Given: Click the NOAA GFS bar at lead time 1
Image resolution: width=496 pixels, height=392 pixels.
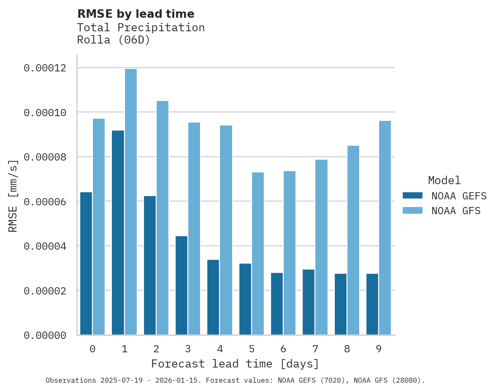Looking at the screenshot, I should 131,202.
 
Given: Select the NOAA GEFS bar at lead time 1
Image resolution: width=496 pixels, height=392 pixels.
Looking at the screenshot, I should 118,233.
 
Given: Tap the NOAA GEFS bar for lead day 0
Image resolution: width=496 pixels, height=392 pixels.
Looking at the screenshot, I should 86,264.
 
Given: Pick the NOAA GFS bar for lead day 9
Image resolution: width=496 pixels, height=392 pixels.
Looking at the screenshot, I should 385,228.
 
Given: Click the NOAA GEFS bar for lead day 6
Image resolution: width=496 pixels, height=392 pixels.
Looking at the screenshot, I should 277,304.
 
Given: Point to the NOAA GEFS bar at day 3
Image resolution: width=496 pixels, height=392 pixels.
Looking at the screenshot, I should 182,286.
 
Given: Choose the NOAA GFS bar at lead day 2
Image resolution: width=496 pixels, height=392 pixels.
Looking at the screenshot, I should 163,218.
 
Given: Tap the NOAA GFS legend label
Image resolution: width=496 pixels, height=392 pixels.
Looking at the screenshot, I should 456,210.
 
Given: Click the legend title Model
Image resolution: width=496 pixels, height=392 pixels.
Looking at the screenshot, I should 444,180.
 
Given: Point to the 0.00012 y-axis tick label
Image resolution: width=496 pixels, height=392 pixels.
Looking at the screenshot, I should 45,68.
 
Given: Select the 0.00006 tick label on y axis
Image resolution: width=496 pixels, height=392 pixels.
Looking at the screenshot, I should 45,201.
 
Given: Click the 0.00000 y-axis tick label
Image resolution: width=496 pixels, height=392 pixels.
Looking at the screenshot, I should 45,335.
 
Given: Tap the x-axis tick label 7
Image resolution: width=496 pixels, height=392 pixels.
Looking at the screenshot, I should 315,349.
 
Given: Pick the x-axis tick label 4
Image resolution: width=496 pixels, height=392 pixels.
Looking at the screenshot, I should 220,349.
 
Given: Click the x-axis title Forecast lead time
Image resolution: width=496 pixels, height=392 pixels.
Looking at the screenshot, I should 235,364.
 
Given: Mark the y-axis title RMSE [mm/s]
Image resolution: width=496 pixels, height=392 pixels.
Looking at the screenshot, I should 13,196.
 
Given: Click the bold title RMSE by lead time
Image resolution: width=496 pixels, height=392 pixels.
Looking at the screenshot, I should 136,14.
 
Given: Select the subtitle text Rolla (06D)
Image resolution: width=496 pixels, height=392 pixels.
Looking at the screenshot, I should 114,41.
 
